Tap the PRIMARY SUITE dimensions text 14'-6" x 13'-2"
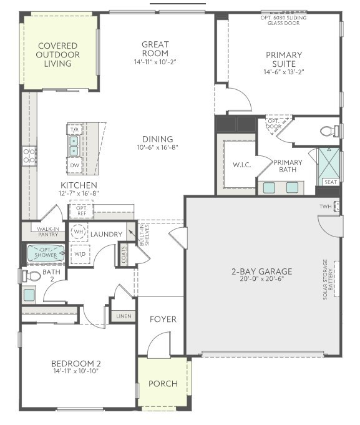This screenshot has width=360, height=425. click(x=283, y=72)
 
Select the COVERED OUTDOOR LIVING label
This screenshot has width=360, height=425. click(x=57, y=55)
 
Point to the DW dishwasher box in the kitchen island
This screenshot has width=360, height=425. click(x=74, y=165)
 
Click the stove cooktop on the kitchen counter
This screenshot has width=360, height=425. click(x=29, y=155)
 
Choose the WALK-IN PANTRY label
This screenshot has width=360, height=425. click(x=47, y=232)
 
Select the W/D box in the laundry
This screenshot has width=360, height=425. click(x=80, y=254)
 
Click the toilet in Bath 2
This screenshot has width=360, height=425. click(x=31, y=275)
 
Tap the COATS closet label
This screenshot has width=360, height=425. click(x=124, y=254)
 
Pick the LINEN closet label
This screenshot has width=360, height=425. click(x=124, y=316)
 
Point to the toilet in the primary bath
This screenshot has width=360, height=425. click(x=329, y=131)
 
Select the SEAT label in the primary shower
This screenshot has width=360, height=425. click(x=329, y=182)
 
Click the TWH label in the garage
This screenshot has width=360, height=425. click(x=326, y=207)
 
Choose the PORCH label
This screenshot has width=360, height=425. click(x=162, y=383)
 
